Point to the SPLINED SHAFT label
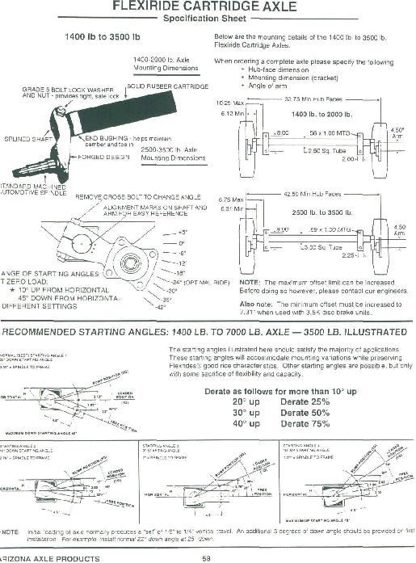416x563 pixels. point(27,139)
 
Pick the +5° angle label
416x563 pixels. point(168,232)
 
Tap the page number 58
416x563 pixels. point(207,557)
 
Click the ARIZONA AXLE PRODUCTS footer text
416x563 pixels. point(40,557)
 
